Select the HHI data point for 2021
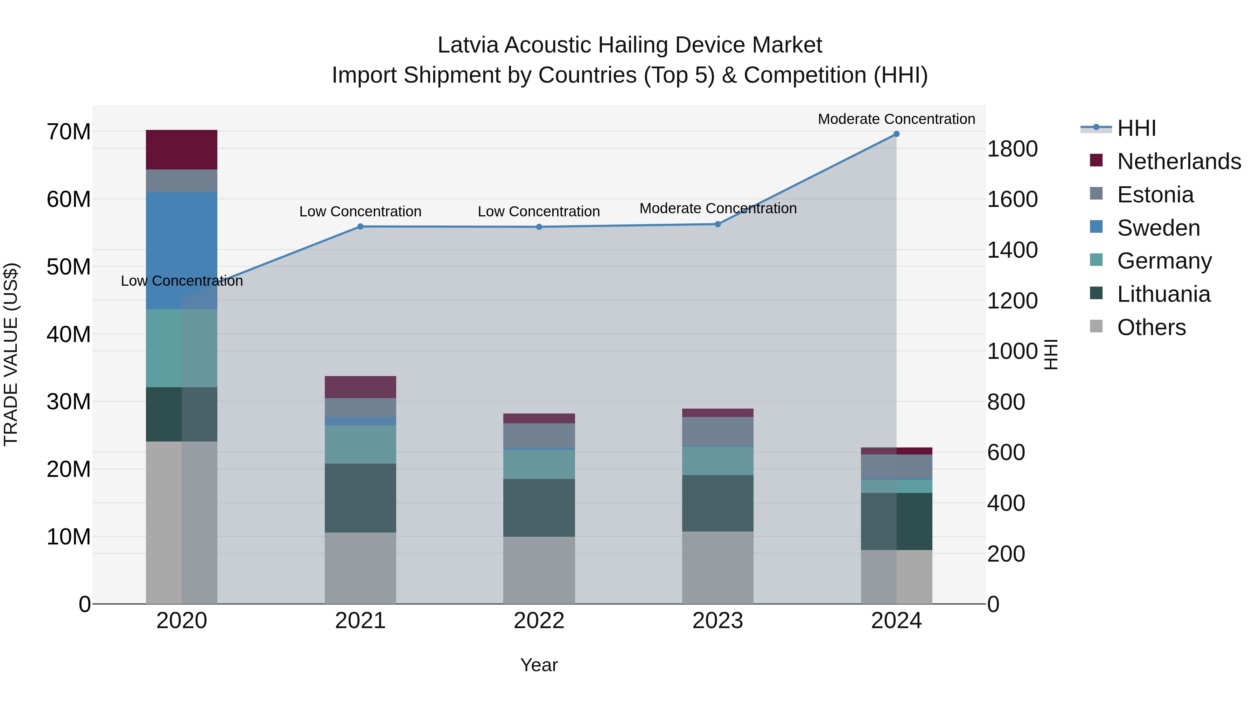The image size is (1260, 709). [360, 227]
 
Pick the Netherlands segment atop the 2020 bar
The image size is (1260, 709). [181, 150]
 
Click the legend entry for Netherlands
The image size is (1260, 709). [1179, 161]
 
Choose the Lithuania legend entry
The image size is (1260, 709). [1164, 294]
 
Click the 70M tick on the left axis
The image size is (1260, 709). [69, 132]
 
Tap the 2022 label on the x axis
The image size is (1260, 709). [539, 621]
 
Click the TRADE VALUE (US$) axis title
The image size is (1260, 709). [11, 354]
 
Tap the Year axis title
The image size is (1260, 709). [539, 665]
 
